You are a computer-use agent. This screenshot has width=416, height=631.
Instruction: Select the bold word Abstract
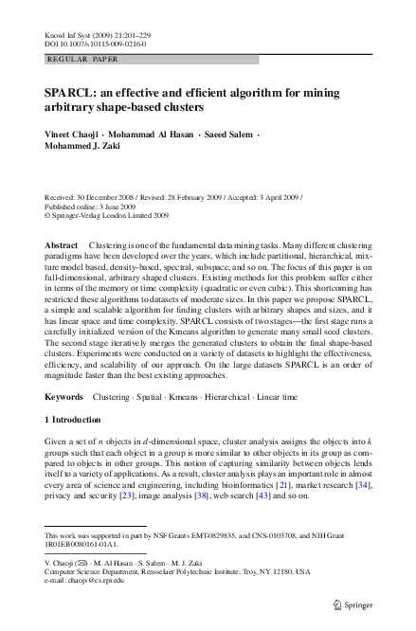tap(62, 245)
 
